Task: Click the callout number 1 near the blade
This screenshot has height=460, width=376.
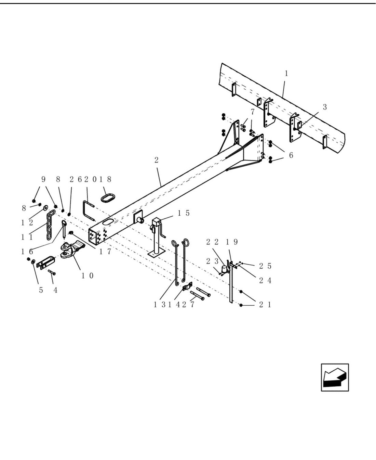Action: click(x=286, y=74)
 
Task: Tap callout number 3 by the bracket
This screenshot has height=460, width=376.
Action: click(x=325, y=107)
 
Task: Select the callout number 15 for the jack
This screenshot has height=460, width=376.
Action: click(x=184, y=213)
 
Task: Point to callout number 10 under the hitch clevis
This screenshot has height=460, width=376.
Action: click(x=88, y=276)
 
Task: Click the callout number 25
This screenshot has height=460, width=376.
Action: click(x=265, y=266)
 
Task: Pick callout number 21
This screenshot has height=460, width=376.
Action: click(x=265, y=305)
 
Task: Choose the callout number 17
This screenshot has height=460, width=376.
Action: click(x=105, y=252)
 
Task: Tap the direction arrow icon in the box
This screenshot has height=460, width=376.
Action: click(x=335, y=378)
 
